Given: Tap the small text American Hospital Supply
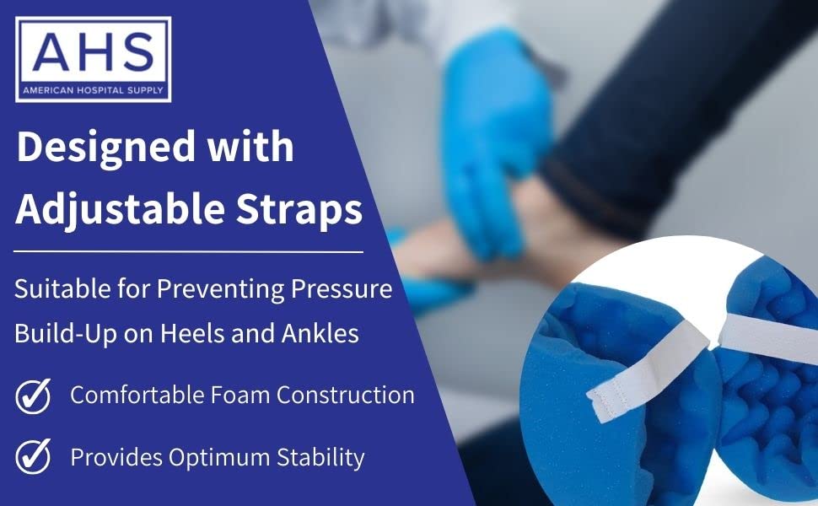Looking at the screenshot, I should point(93,89).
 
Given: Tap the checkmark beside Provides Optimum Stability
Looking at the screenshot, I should point(33,457).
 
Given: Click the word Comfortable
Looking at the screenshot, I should point(136,395).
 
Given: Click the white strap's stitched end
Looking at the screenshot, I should point(606,402).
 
